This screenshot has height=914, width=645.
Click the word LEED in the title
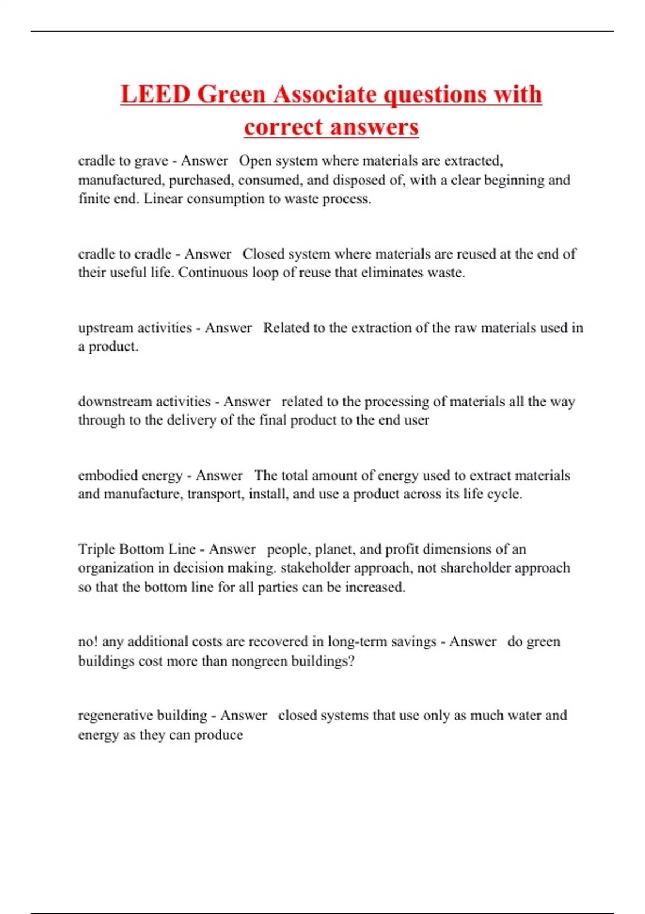[155, 94]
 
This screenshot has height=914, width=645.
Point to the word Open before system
[255, 161]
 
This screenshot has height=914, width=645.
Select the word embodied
[107, 475]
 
